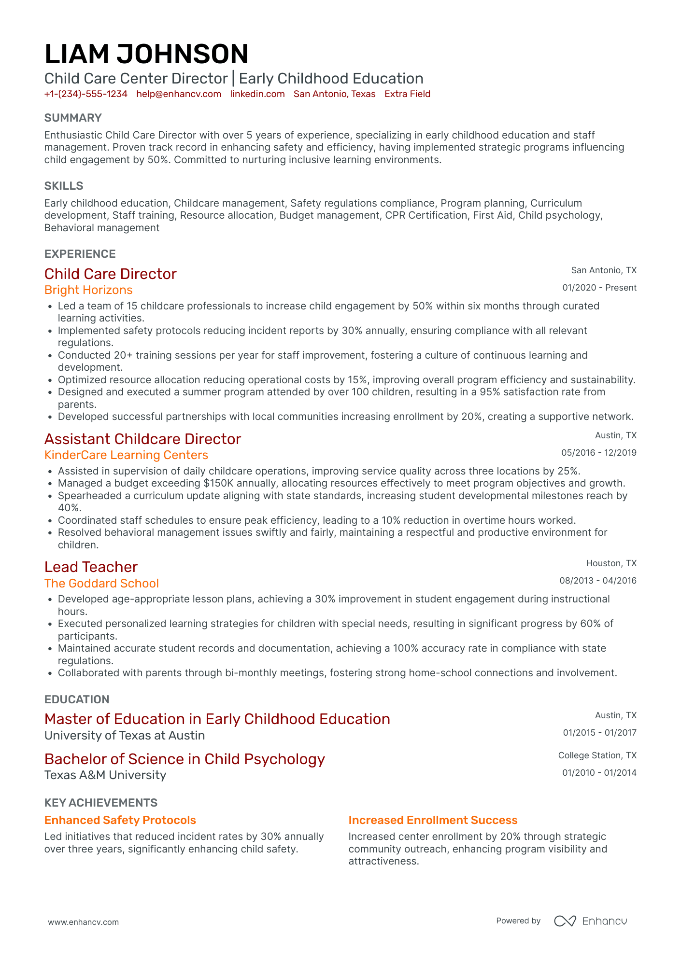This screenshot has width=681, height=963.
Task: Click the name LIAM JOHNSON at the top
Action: click(x=146, y=54)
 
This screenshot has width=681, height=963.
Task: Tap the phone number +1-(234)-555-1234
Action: click(x=86, y=94)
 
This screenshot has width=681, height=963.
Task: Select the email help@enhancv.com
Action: click(x=179, y=94)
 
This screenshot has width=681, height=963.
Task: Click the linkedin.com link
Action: click(x=257, y=94)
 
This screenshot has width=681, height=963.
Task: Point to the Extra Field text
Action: click(x=407, y=94)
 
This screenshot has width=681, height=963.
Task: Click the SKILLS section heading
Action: click(x=64, y=186)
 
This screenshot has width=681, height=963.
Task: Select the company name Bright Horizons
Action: click(x=88, y=290)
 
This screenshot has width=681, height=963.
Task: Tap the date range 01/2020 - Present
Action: click(x=599, y=288)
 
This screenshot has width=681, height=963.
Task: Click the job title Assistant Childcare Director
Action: click(x=142, y=439)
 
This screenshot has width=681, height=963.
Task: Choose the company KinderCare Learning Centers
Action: click(x=126, y=455)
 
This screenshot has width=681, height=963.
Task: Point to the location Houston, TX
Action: click(x=611, y=563)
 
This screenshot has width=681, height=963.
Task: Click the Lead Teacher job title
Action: click(x=91, y=567)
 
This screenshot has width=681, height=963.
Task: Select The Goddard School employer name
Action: click(x=101, y=584)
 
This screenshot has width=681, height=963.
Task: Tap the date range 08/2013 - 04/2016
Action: click(x=597, y=581)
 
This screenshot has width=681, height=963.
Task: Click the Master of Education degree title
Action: click(x=217, y=719)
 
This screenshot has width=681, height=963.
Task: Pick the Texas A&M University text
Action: click(x=105, y=775)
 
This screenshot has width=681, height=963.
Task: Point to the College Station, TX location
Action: click(x=597, y=755)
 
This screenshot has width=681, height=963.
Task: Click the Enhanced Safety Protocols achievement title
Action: click(x=120, y=820)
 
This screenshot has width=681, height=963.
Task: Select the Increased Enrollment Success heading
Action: click(x=433, y=820)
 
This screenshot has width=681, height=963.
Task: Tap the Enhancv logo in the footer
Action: click(x=590, y=921)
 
